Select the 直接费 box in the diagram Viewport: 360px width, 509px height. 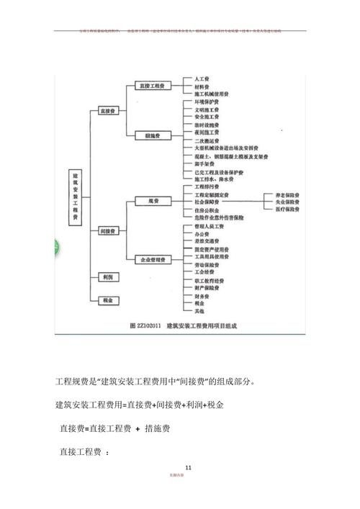point(109,112)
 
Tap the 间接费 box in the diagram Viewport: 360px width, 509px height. point(109,230)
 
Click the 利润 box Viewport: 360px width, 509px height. point(109,277)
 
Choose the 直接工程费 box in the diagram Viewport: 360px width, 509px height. point(152,86)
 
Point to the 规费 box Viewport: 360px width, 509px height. point(152,201)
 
